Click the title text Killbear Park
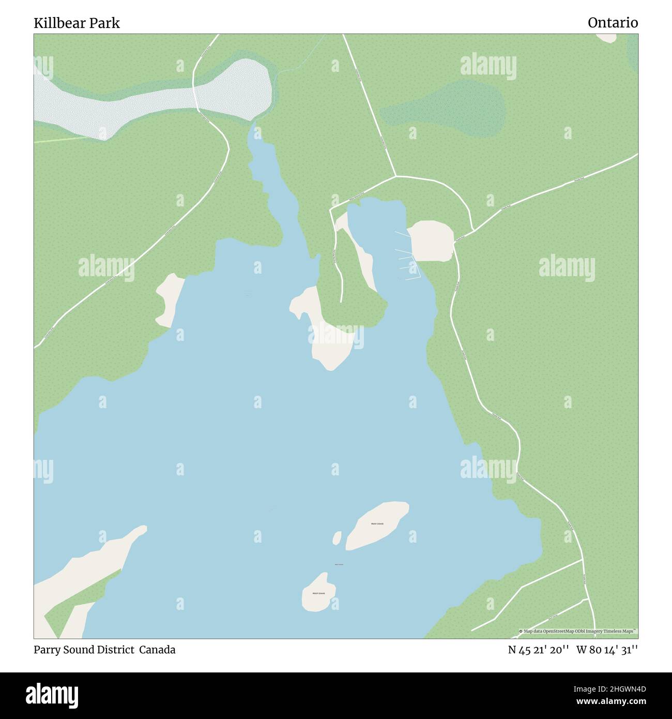[x=77, y=23]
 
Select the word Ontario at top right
[x=613, y=22]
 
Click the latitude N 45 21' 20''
[x=539, y=650]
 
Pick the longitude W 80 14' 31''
[x=607, y=650]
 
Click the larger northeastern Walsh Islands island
[x=377, y=525]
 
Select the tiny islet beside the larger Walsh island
[x=337, y=538]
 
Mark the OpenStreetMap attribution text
[x=578, y=631]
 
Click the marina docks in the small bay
[x=407, y=256]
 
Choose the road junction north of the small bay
[x=395, y=176]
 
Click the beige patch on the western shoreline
[x=170, y=300]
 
